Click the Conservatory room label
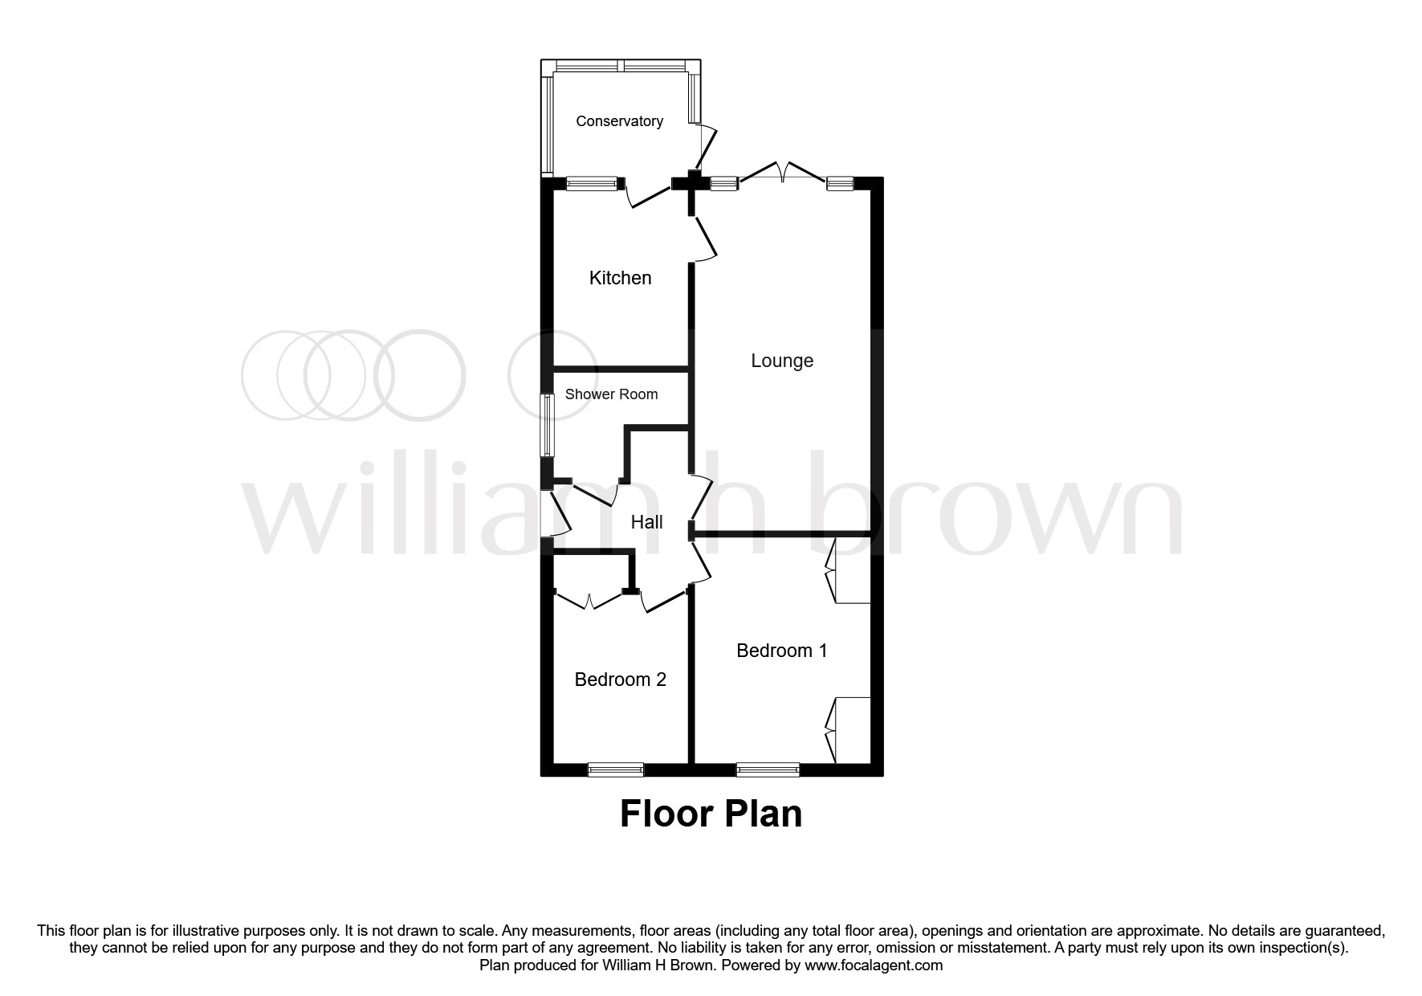(619, 121)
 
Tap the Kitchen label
(620, 278)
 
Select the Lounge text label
(782, 361)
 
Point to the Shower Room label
(611, 394)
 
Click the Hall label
(646, 522)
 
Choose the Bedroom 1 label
(781, 651)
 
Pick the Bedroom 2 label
(620, 680)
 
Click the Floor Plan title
(711, 814)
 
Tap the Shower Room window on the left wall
(547, 425)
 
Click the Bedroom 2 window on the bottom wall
(616, 769)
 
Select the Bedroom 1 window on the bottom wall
(768, 769)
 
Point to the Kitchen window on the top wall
(593, 183)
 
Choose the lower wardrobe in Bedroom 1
(848, 730)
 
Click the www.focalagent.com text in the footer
(874, 965)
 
